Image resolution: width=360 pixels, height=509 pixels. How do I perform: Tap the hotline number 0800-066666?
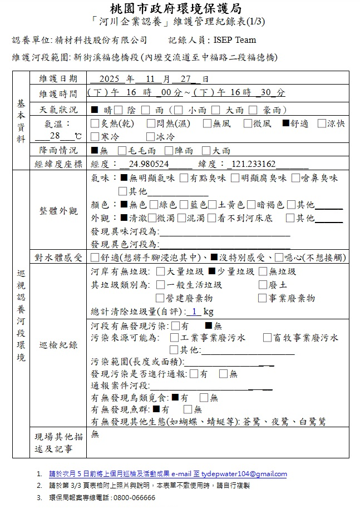[134, 497]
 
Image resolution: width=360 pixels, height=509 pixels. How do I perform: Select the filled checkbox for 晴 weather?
[94, 110]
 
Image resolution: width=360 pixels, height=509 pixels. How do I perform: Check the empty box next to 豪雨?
[253, 110]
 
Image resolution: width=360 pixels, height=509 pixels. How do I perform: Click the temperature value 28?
[54, 136]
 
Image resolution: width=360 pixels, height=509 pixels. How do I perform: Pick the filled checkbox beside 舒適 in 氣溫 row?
[286, 123]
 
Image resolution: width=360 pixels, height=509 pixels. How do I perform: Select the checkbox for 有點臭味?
[183, 178]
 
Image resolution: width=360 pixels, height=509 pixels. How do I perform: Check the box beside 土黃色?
[212, 205]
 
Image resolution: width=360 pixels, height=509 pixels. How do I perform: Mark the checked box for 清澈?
[124, 219]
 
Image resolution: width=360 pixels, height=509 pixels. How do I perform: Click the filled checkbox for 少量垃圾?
[211, 271]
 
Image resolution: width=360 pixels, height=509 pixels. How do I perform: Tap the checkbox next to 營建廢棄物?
[161, 298]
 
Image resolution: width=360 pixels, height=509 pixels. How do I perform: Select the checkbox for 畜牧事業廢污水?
[267, 337]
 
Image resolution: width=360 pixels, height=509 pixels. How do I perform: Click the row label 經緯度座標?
[58, 164]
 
